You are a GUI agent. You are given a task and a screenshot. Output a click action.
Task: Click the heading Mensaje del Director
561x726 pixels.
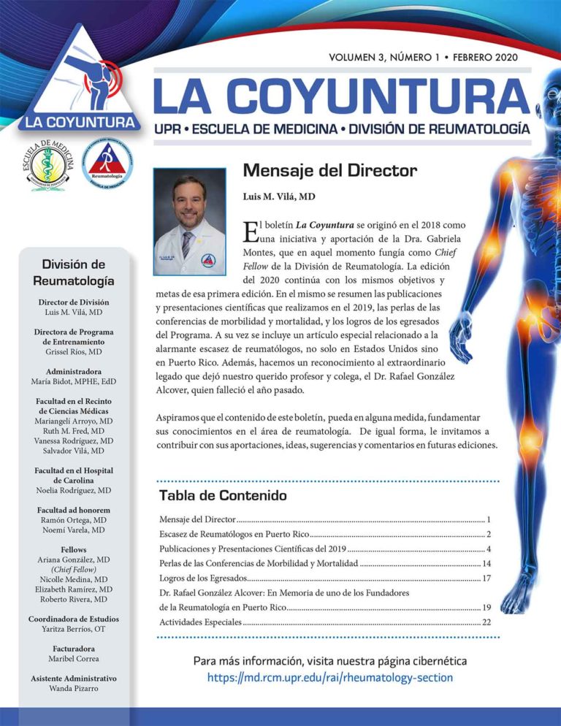329,171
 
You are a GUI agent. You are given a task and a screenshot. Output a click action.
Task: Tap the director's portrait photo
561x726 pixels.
190,221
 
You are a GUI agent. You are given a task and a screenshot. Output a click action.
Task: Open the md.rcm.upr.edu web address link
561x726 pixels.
329,678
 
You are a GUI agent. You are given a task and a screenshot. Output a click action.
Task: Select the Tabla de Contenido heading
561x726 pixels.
223,495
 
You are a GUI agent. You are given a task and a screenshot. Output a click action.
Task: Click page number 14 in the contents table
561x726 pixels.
486,563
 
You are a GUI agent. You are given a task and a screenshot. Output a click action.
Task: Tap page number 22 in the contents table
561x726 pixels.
486,622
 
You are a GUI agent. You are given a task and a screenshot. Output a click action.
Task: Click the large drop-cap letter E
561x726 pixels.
249,232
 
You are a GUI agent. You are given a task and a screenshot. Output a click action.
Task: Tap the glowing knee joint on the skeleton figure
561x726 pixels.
528,438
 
